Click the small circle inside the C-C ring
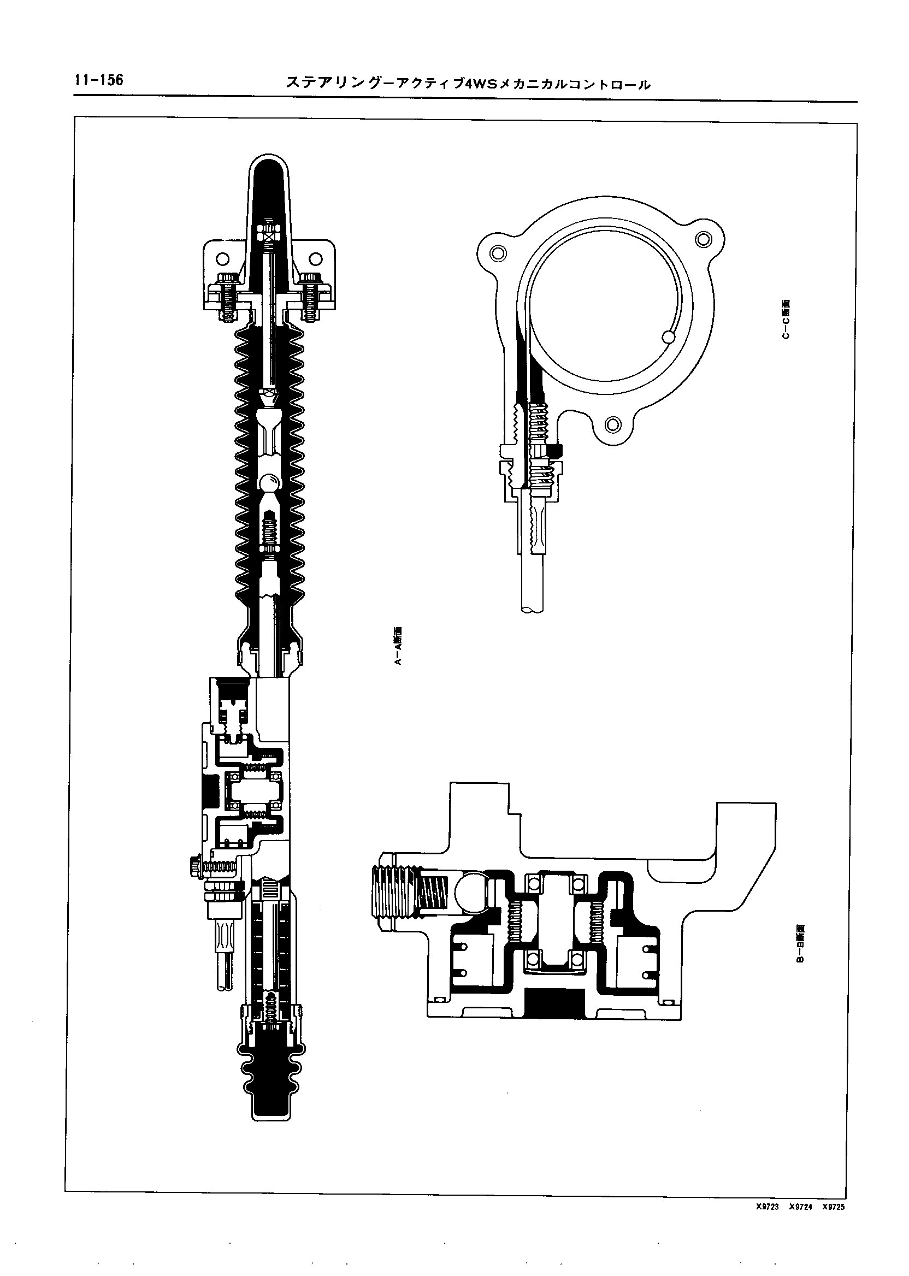pos(668,336)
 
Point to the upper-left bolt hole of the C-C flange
pos(495,253)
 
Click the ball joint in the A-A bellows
pos(270,482)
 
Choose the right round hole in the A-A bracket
pos(316,258)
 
